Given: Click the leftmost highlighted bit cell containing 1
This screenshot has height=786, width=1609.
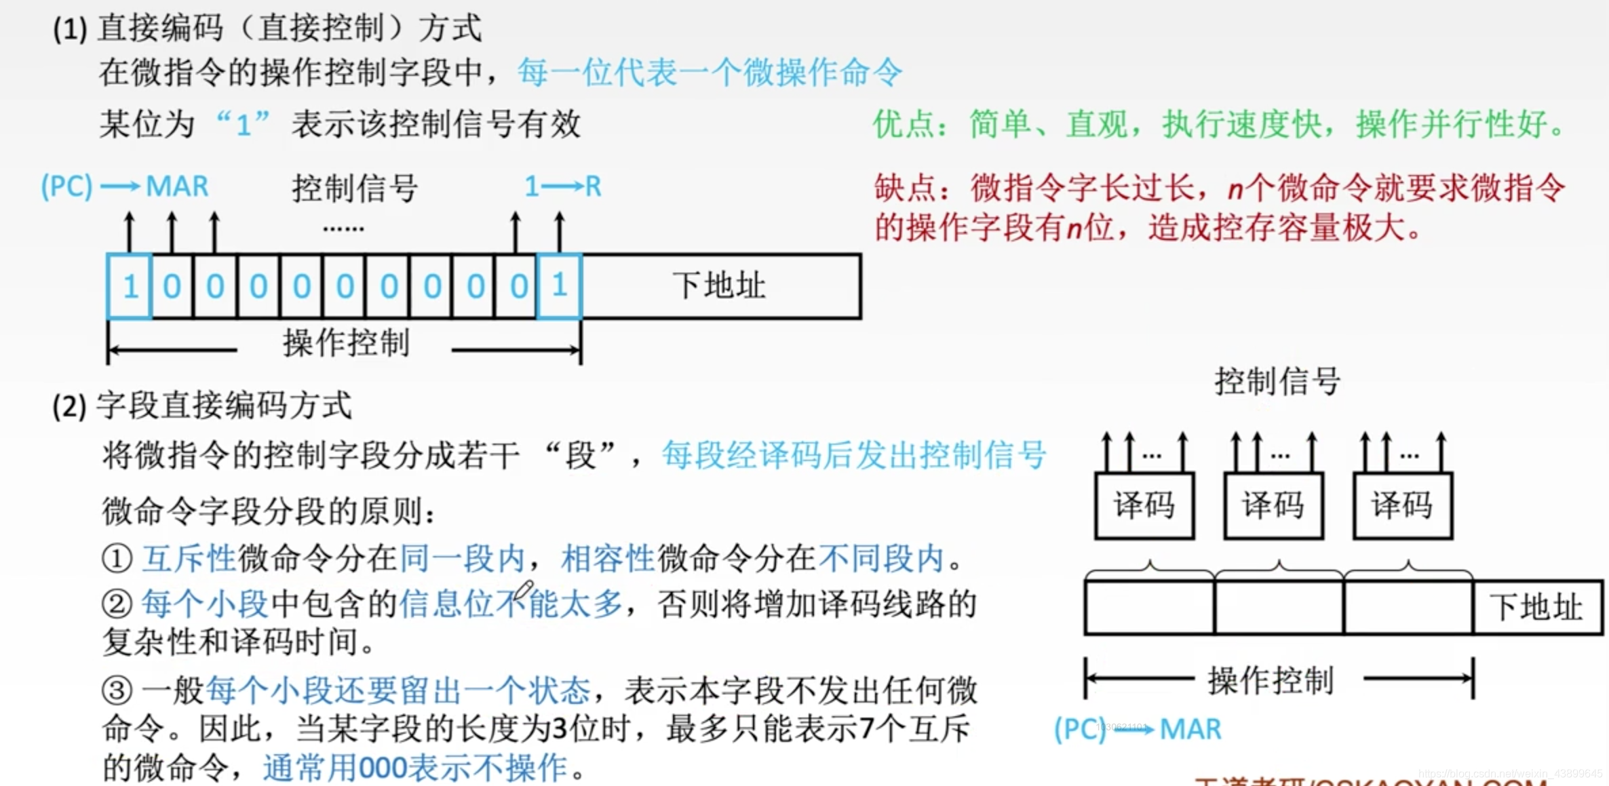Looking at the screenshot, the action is [129, 286].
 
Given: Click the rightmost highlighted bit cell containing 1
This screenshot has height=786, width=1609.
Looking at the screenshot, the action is [559, 286].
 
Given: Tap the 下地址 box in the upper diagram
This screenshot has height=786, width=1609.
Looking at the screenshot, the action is [720, 286].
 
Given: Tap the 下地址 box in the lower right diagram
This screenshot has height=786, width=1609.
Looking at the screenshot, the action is [1536, 607].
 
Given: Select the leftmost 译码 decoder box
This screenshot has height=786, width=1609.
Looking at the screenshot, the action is [1144, 505].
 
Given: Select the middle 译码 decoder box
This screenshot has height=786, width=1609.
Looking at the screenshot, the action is [1273, 505].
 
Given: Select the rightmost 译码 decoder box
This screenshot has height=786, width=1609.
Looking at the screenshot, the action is [1402, 505].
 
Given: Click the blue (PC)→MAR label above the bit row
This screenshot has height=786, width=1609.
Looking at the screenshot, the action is [125, 186].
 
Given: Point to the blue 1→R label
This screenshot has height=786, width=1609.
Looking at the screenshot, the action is [563, 186].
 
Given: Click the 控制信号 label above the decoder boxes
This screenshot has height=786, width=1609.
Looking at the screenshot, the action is [1277, 381].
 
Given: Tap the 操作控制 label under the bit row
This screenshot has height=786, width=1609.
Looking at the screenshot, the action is [346, 343].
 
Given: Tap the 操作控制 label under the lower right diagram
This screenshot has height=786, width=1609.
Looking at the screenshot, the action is [1271, 680].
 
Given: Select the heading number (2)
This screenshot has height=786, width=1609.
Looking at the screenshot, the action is [69, 407].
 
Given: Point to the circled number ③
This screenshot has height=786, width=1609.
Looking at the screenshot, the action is [117, 691].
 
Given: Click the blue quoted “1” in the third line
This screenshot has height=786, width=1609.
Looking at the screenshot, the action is [244, 125].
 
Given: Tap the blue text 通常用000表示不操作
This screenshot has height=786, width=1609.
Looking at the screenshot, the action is [415, 768].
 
